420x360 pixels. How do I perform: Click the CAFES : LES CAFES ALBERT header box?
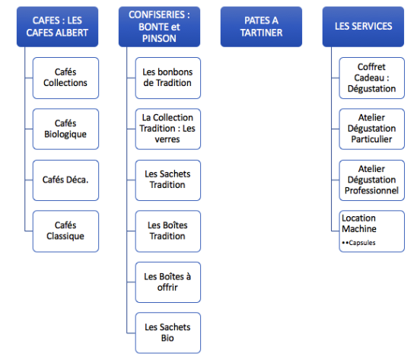coord(57,27)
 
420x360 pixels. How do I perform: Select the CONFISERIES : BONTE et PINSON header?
coord(159,27)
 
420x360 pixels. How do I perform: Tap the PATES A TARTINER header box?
coord(261,27)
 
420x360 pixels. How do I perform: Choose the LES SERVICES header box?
coord(363,27)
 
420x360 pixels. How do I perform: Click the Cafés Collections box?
coord(65,78)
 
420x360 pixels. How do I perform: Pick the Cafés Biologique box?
coord(65,129)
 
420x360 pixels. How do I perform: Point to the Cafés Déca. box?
coord(65,180)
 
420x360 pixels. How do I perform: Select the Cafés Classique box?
coord(65,231)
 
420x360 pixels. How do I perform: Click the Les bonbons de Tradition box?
coord(168,78)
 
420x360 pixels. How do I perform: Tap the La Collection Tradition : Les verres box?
coord(168,129)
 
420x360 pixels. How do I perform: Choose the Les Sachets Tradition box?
coord(168,180)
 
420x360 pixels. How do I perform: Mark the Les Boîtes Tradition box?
coord(168,231)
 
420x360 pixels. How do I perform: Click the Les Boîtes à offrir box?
coord(168,282)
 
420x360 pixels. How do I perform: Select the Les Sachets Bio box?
coord(168,333)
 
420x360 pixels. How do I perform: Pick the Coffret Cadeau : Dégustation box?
coord(372,78)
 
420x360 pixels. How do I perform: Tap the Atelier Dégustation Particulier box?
coord(372,129)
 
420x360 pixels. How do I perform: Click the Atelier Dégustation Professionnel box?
coord(372,180)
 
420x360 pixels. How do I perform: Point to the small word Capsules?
coord(362,243)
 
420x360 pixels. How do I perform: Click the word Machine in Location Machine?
coord(359,229)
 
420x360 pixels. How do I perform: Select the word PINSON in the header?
coord(159,39)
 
